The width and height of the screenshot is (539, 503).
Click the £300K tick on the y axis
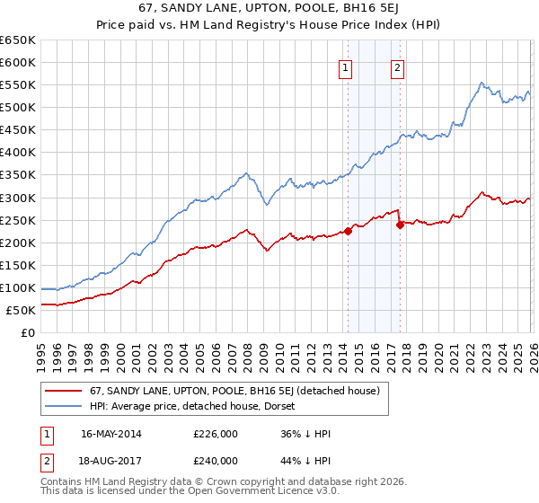(x=18, y=198)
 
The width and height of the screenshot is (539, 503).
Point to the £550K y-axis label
(x=18, y=85)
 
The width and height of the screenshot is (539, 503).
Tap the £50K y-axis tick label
(x=22, y=310)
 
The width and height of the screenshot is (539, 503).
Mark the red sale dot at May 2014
(x=348, y=230)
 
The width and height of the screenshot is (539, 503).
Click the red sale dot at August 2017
(x=400, y=225)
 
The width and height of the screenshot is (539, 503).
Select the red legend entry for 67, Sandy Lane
(x=234, y=391)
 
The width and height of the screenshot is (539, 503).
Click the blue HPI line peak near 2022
(x=482, y=83)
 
